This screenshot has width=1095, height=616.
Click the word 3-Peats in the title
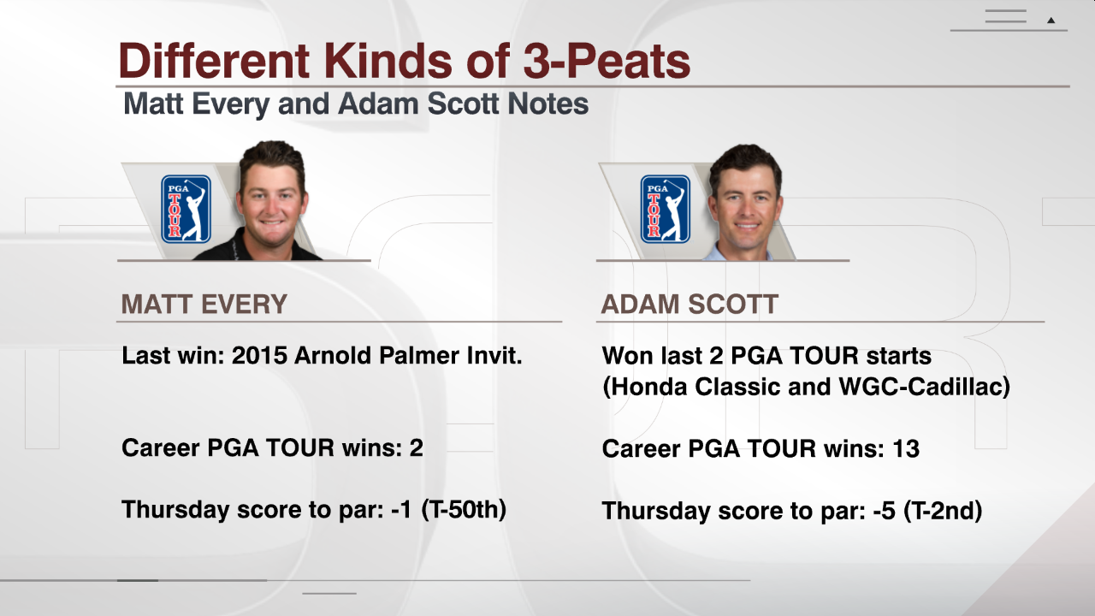click(x=607, y=61)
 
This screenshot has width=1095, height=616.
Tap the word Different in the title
click(x=214, y=61)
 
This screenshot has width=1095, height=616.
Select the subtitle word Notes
click(x=548, y=104)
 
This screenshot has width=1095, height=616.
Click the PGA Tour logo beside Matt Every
click(x=186, y=210)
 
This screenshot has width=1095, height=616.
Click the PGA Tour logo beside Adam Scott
click(x=666, y=210)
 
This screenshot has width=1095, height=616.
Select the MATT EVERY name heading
click(x=204, y=304)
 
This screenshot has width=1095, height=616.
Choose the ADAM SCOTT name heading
click(x=690, y=304)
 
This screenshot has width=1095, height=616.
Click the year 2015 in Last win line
click(x=259, y=355)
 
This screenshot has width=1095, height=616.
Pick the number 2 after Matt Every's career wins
click(x=417, y=447)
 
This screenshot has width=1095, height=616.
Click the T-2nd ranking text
click(x=943, y=511)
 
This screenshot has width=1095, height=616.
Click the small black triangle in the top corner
click(x=1051, y=21)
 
